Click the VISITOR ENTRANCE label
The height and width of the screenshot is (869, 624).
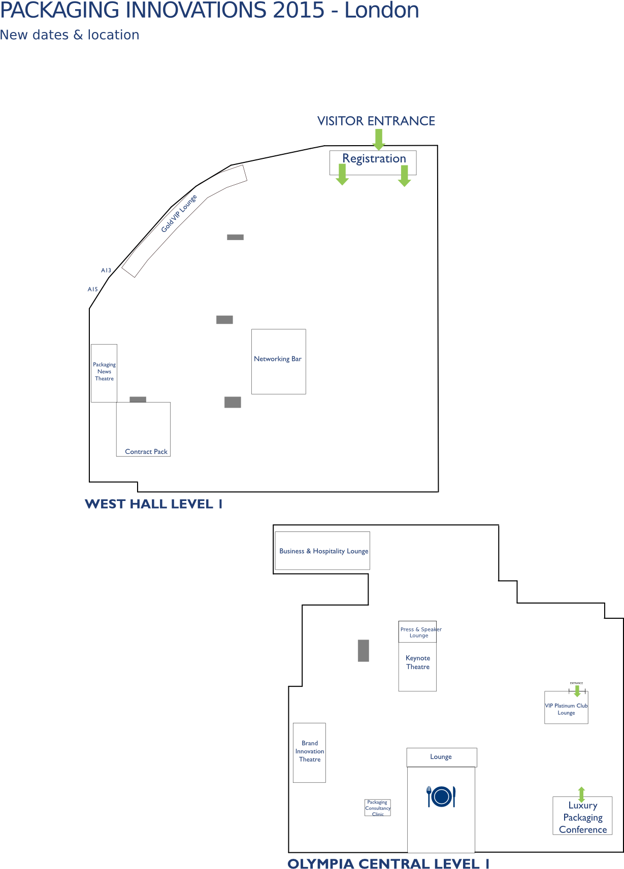click(x=376, y=121)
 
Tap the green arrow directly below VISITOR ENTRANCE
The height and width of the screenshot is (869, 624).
click(x=379, y=139)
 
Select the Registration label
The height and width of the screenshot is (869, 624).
click(x=374, y=158)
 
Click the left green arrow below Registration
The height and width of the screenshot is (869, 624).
click(x=342, y=174)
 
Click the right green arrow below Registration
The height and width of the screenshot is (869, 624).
click(x=404, y=176)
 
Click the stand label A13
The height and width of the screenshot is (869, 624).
click(x=106, y=271)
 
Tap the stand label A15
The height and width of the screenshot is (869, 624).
click(x=92, y=289)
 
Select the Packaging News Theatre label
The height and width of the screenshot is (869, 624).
click(x=104, y=372)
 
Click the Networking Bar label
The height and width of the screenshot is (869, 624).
click(x=277, y=359)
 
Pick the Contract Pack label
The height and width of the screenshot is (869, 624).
click(x=146, y=452)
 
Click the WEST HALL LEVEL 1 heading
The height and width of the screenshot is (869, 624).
click(x=153, y=504)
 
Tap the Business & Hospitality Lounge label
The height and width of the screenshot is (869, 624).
click(x=323, y=551)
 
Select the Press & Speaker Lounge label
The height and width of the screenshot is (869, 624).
click(x=420, y=632)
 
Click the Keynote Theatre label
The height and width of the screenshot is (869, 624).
click(x=417, y=662)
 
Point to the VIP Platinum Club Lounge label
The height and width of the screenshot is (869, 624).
click(x=566, y=709)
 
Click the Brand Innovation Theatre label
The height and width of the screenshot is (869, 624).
click(x=309, y=751)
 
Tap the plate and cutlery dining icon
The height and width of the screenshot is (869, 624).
click(x=441, y=797)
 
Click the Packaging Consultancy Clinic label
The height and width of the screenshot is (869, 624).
click(x=377, y=808)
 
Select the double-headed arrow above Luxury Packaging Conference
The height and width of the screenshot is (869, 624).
click(x=581, y=794)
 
